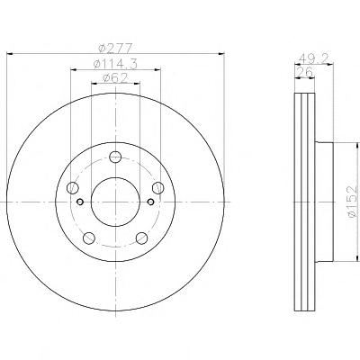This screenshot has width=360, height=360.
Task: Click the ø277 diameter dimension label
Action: [115, 48]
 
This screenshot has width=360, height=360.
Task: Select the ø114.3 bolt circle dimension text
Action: [115, 64]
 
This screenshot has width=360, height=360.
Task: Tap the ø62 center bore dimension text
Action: [115, 78]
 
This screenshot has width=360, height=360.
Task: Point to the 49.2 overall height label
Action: [313, 58]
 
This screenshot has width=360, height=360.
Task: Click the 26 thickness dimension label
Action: [304, 72]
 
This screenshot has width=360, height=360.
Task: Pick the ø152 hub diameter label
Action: [352, 202]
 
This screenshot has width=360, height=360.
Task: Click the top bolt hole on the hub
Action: [115, 157]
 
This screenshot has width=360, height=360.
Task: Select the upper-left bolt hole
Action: [72, 188]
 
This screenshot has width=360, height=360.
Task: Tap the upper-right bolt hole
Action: [158, 188]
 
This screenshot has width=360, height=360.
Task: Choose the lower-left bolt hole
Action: [89, 238]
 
